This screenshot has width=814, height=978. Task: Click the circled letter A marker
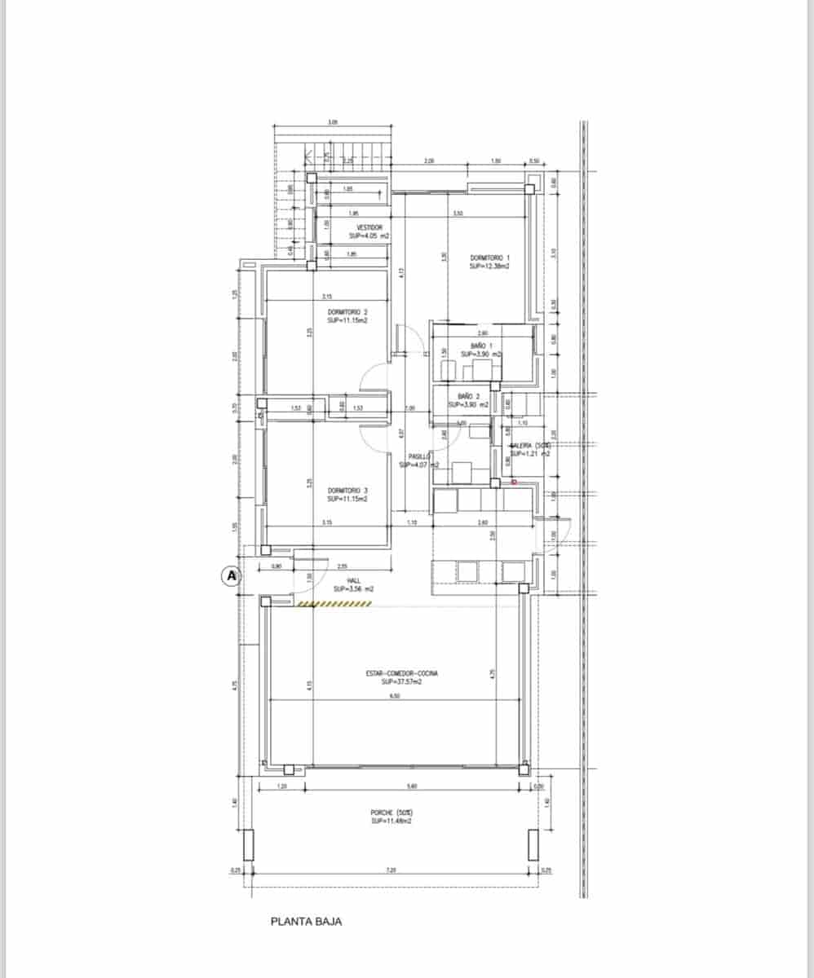point(231,576)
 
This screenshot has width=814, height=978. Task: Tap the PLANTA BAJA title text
point(306,922)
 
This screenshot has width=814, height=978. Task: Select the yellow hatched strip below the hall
point(334,604)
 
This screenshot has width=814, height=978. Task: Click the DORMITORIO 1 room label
point(490,258)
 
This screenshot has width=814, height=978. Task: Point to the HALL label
point(353,580)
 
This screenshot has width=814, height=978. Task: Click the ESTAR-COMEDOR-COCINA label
point(402,673)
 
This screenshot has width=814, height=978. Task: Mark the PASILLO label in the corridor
point(418,457)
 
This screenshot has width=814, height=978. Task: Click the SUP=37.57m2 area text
point(402,681)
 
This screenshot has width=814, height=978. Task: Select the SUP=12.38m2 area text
point(490,267)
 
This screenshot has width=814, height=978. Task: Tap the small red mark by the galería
point(514,482)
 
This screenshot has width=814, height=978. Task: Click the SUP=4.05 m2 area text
point(369,236)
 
